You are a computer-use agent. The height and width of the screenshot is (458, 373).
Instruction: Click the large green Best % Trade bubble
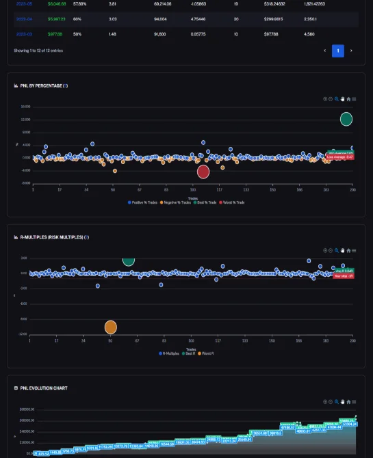346,119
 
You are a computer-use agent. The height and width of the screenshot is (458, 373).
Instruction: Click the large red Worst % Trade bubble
203,172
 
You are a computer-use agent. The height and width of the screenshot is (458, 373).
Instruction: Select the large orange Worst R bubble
111,327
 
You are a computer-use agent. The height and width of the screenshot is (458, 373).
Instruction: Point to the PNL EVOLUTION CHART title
44,388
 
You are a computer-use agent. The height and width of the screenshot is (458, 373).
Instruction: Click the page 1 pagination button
337,51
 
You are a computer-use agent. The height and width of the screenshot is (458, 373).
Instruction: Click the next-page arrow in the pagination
351,51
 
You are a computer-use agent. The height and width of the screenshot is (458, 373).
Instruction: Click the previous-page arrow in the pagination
324,51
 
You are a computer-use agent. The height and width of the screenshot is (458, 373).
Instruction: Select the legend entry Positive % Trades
144,202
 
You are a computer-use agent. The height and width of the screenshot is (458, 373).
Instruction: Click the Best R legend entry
188,353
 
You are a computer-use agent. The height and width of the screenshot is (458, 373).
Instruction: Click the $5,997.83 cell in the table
57,18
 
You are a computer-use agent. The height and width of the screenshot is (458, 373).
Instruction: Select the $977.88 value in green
55,33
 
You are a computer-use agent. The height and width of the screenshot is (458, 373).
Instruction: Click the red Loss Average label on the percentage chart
339,157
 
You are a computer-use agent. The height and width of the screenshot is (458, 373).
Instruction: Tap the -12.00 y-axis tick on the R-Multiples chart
23,334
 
